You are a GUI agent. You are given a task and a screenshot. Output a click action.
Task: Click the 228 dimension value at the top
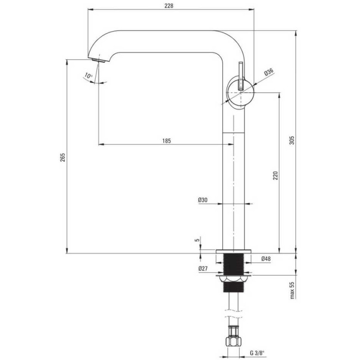tap(169, 5)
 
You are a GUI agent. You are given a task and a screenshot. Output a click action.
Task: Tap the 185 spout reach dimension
tap(166, 140)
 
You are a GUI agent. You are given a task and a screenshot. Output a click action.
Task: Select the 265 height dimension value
tap(63, 157)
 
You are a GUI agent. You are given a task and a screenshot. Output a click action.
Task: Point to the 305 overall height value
tap(292, 140)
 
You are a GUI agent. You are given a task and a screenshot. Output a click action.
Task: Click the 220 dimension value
tap(275, 175)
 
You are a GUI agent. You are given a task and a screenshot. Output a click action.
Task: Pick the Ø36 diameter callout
tap(269, 72)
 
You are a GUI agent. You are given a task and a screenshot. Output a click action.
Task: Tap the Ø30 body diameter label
tap(203, 200)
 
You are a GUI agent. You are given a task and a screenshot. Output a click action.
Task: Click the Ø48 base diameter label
tap(266, 259)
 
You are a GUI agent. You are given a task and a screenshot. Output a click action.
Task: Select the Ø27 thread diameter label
tap(203, 268)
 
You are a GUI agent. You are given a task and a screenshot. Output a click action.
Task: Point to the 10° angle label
tap(88, 75)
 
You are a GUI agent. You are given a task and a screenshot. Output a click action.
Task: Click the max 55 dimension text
tap(292, 290)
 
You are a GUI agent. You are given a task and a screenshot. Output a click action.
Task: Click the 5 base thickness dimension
tap(197, 240)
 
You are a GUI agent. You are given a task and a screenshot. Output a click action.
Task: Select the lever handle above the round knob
tap(241, 76)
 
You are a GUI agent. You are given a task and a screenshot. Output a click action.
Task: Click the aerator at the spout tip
tap(99, 61)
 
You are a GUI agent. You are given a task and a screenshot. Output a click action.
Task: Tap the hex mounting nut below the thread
tap(234, 279)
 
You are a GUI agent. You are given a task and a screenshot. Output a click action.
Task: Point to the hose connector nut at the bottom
tap(233, 342)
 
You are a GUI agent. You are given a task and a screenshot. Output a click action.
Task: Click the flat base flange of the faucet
tap(234, 252)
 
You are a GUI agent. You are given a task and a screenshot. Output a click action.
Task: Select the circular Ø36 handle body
tap(240, 93)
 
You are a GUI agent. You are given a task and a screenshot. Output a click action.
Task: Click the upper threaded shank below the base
tap(234, 264)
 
